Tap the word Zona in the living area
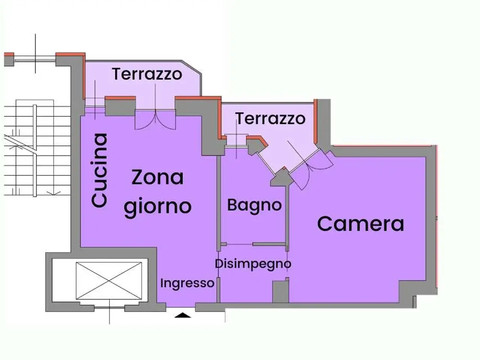157,177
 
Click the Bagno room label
254,206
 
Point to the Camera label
361,223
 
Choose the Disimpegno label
253,264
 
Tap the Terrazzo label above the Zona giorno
147,74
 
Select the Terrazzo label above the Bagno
270,118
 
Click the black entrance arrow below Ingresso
183,315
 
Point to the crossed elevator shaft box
109,281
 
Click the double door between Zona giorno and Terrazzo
155,119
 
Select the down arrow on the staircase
54,193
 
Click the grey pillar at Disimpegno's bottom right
280,292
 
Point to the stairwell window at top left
35,59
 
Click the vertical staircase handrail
35,151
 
